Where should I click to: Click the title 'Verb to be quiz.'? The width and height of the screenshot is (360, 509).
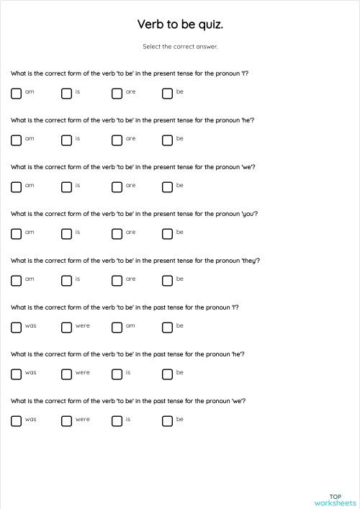[180, 24]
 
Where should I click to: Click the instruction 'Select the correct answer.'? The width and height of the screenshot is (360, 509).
[180, 47]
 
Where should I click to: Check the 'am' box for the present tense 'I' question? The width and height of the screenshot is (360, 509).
[16, 94]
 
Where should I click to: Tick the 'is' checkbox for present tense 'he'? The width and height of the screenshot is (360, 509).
[66, 140]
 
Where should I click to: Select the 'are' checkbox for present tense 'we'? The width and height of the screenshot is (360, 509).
[117, 187]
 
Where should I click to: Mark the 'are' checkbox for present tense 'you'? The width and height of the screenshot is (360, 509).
[117, 234]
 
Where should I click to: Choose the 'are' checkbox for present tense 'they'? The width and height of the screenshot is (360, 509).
[117, 281]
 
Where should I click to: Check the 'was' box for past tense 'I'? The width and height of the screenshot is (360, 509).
[16, 328]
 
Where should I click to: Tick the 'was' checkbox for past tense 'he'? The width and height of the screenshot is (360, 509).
[16, 374]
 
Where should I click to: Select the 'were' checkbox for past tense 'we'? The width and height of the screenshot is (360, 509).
[66, 421]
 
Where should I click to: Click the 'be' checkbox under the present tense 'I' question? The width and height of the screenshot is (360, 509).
[167, 94]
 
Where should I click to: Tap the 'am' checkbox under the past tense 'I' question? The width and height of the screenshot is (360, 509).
[117, 328]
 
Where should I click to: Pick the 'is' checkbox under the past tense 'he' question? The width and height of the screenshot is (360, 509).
[117, 374]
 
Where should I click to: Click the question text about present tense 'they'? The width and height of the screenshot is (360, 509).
[135, 261]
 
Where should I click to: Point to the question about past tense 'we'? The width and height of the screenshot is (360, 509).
[127, 401]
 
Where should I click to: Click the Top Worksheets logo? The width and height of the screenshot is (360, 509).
[335, 500]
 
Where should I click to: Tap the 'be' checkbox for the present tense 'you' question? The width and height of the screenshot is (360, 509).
[167, 234]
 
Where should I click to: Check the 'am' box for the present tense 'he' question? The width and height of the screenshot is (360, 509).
[16, 140]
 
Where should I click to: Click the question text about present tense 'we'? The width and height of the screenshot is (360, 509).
[133, 167]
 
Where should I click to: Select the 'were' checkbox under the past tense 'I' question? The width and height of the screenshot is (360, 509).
[66, 328]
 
